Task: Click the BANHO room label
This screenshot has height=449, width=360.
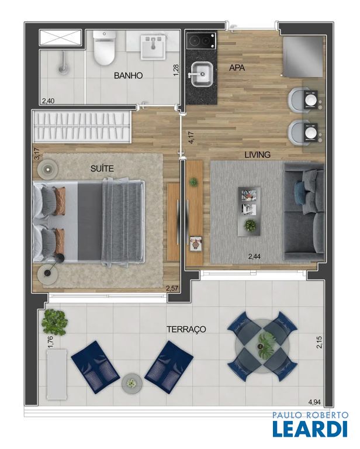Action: (x=128, y=75)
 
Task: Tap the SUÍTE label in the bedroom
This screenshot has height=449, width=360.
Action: (x=102, y=168)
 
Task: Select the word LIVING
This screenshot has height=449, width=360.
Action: (x=257, y=155)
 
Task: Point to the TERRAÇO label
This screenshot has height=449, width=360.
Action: (x=186, y=329)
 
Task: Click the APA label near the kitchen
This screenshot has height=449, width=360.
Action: (x=237, y=68)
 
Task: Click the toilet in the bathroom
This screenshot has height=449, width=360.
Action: (x=105, y=47)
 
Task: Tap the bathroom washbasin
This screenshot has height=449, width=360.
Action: (x=153, y=47)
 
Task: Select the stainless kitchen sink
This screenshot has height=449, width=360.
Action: (x=202, y=74)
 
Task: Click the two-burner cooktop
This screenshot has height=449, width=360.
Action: (x=201, y=41)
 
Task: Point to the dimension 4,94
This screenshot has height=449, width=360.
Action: (x=314, y=402)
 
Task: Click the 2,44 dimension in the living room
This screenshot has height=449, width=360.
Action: (x=254, y=257)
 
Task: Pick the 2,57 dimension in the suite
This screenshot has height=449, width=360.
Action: (x=172, y=288)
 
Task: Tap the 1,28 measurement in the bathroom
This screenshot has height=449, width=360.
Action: (x=176, y=70)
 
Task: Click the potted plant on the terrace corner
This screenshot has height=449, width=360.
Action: (x=54, y=322)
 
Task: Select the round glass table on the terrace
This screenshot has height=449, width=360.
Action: (x=262, y=346)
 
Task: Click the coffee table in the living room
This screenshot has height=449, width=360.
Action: (x=249, y=212)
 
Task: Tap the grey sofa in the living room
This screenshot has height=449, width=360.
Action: (x=304, y=212)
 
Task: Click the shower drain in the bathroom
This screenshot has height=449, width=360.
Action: (x=63, y=69)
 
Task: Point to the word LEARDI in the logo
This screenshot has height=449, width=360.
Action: (x=310, y=429)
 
